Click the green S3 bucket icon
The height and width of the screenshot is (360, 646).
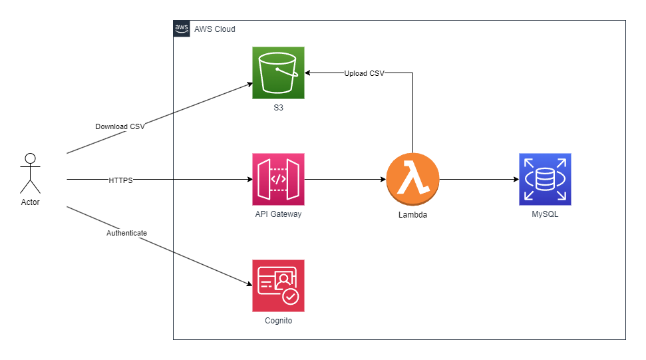tap(278, 73)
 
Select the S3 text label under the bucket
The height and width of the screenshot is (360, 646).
tap(278, 107)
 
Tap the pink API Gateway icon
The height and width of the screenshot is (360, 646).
tap(278, 179)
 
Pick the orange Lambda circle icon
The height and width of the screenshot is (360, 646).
tap(412, 179)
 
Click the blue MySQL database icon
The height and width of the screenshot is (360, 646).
tap(545, 179)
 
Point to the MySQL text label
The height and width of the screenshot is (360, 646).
tap(545, 214)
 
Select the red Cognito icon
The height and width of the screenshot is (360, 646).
tap(278, 285)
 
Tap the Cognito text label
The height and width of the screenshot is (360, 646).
tap(278, 321)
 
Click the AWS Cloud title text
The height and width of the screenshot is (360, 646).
tap(214, 29)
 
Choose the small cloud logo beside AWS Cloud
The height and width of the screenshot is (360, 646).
tap(182, 29)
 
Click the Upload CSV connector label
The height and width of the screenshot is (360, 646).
tap(364, 73)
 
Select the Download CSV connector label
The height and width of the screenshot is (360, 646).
tap(120, 126)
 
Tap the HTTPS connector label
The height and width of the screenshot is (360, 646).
tap(120, 180)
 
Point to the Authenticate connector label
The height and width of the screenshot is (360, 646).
tap(126, 233)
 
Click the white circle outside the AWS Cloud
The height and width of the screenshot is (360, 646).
tap(30, 158)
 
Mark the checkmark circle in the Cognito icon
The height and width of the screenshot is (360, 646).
tap(291, 297)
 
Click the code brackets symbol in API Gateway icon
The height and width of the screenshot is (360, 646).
tap(278, 179)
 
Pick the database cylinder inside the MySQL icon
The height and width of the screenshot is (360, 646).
tap(545, 179)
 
